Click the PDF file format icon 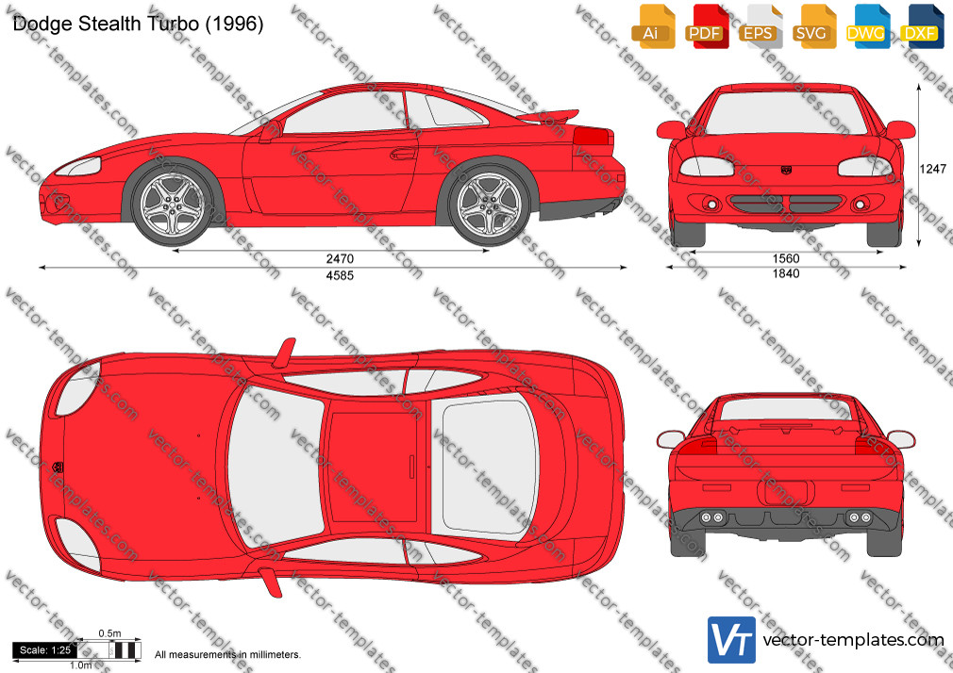[706, 26]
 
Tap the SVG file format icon [813, 26]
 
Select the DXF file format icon [923, 26]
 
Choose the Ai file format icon [653, 26]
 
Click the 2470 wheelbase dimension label [340, 259]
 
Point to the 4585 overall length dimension [340, 276]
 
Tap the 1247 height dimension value [932, 169]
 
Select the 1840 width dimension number [786, 274]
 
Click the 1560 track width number [786, 259]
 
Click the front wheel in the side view [173, 205]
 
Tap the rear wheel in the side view [489, 205]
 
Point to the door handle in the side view [402, 155]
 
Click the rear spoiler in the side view [547, 116]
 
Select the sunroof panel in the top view [373, 466]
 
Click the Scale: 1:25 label [44, 650]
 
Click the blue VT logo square [731, 640]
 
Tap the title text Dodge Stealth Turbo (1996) [138, 24]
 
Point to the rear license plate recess [785, 493]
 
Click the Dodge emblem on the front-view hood [786, 170]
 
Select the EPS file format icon [760, 26]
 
